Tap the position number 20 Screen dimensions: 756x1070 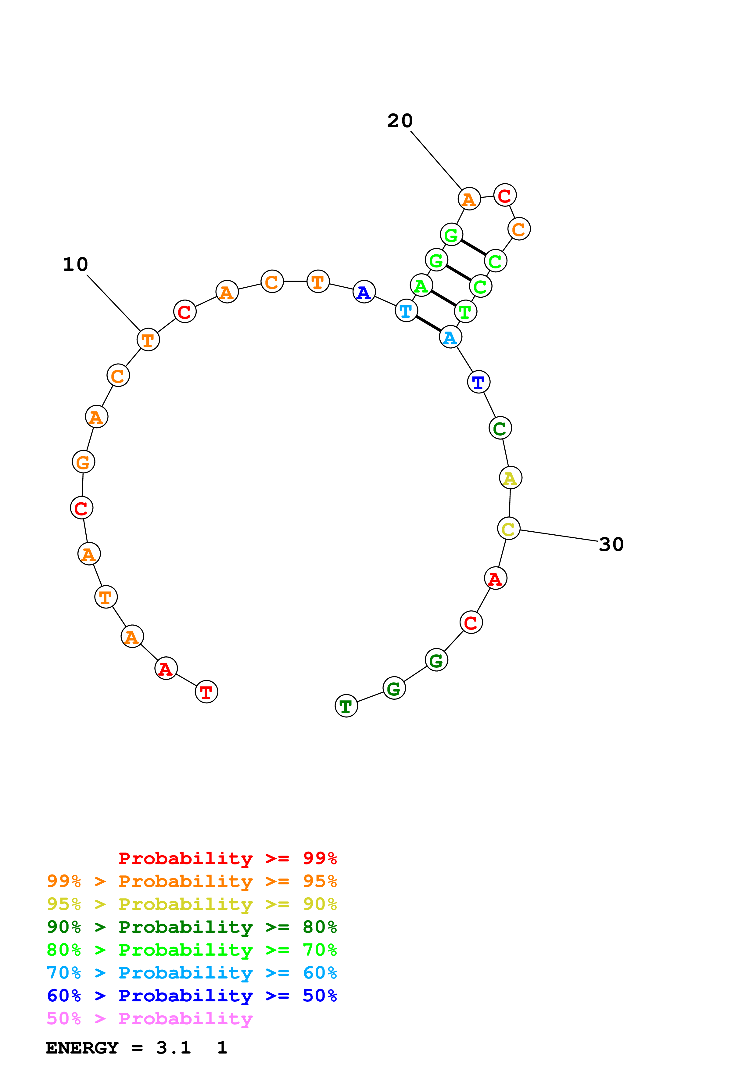[400, 121]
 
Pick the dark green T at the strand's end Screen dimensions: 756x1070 [346, 706]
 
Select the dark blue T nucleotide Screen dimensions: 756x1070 [478, 382]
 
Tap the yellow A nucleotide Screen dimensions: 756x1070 [511, 478]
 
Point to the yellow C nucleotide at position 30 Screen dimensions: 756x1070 [509, 529]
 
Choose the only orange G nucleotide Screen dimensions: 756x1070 [83, 462]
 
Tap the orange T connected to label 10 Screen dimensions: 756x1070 [148, 340]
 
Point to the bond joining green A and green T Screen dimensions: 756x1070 [443, 298]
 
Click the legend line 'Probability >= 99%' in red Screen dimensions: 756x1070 [227, 858]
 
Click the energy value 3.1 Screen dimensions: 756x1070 [173, 1048]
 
